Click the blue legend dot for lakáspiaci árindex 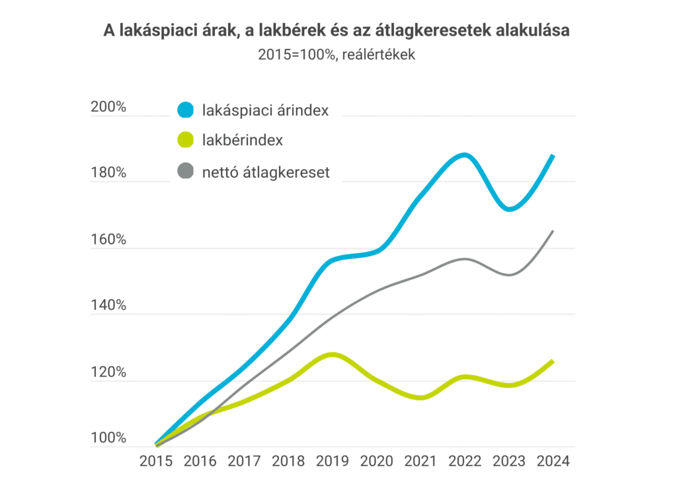coord(186,110)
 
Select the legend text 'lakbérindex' coord(242,141)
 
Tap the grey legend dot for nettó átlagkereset coord(186,172)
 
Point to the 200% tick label coord(108,106)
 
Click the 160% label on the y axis coord(108,240)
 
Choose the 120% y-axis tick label coord(108,373)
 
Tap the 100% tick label coord(108,439)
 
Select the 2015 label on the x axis coord(156,460)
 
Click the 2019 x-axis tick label coord(333,460)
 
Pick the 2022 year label coord(465,460)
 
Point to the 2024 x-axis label coord(553,460)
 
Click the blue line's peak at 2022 coord(465,156)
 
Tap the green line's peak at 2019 coord(333,355)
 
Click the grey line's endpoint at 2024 coord(553,231)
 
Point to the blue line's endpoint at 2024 coord(553,156)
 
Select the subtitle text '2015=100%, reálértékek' coord(337,55)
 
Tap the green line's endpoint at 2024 coord(553,361)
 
